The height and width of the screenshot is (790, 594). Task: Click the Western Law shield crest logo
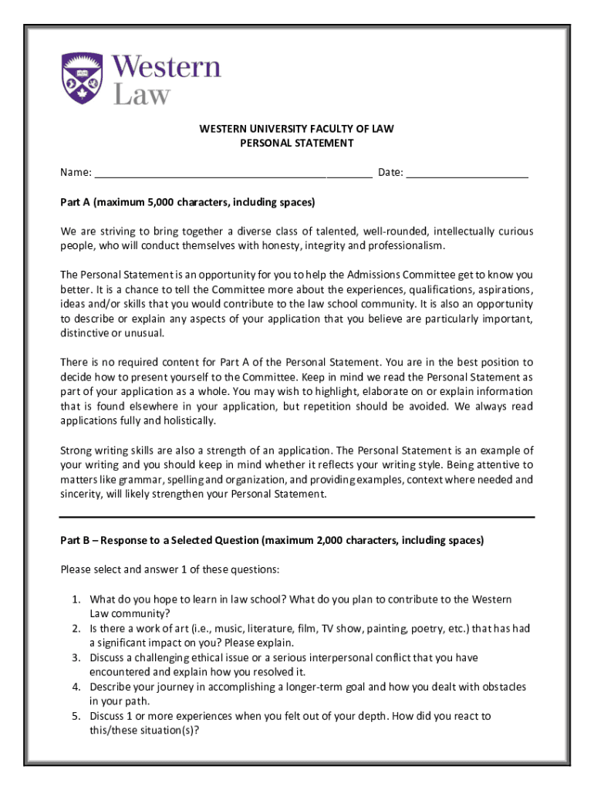81,79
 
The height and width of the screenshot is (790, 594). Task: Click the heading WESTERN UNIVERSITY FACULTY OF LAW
297,129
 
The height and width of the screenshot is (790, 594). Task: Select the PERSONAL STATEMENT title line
297,143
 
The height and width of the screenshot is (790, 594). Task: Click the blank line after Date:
467,173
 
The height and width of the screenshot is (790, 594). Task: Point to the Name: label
76,172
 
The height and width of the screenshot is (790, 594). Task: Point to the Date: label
390,172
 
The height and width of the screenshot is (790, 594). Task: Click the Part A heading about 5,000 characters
187,202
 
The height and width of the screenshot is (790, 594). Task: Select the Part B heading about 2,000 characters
272,540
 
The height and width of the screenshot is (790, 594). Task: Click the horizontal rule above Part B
297,516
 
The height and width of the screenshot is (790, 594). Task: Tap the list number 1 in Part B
76,599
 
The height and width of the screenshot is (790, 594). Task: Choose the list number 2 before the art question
76,629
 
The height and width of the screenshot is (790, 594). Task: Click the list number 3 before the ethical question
76,658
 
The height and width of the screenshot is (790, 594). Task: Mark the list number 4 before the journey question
76,687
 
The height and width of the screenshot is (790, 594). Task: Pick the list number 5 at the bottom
76,716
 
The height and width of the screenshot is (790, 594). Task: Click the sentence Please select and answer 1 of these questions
170,570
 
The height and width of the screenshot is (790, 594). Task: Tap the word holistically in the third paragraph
187,420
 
